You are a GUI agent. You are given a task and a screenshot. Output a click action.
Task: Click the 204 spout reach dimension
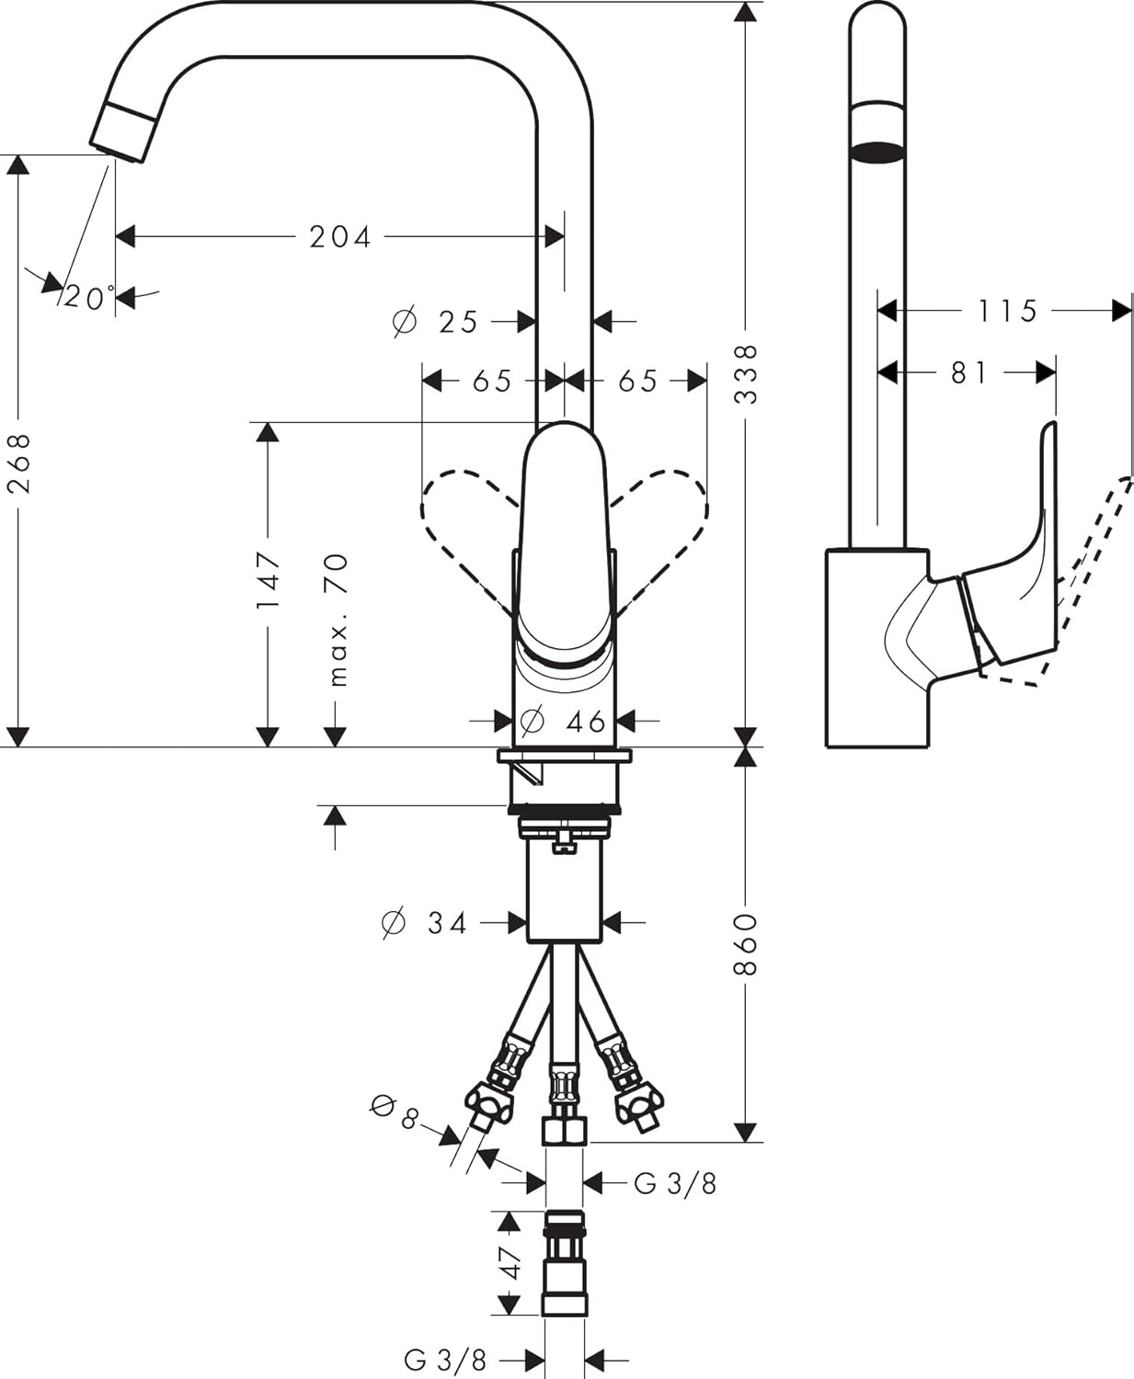(339, 237)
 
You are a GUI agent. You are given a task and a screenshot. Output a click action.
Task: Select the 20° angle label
(87, 298)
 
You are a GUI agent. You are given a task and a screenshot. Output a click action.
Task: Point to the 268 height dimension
(19, 462)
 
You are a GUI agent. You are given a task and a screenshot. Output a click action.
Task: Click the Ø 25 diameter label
(437, 322)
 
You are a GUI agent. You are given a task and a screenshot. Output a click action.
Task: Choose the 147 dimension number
(268, 580)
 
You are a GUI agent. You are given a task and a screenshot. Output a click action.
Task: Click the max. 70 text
(338, 620)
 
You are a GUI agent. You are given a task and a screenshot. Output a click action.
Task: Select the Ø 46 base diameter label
(563, 721)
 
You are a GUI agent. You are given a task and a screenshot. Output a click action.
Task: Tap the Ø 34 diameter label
(425, 922)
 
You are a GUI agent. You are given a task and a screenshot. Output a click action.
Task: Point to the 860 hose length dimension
(746, 944)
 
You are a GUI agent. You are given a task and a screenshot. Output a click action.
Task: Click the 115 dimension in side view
(1007, 311)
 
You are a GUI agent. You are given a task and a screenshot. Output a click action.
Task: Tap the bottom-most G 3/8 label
(445, 1360)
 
